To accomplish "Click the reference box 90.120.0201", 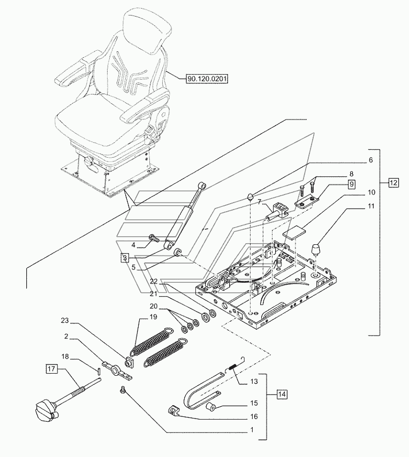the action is click(x=207, y=79).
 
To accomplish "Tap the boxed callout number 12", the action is click(x=393, y=183).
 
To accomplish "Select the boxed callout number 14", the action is click(x=282, y=394).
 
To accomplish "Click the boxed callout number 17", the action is click(x=51, y=369).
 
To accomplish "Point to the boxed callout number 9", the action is click(x=352, y=184).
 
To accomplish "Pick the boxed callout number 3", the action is click(x=125, y=258).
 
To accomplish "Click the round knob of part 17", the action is click(x=46, y=410).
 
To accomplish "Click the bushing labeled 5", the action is click(x=178, y=252).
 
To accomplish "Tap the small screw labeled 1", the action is click(x=124, y=389).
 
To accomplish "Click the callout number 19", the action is click(x=153, y=316).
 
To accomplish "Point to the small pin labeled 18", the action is click(x=99, y=371).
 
